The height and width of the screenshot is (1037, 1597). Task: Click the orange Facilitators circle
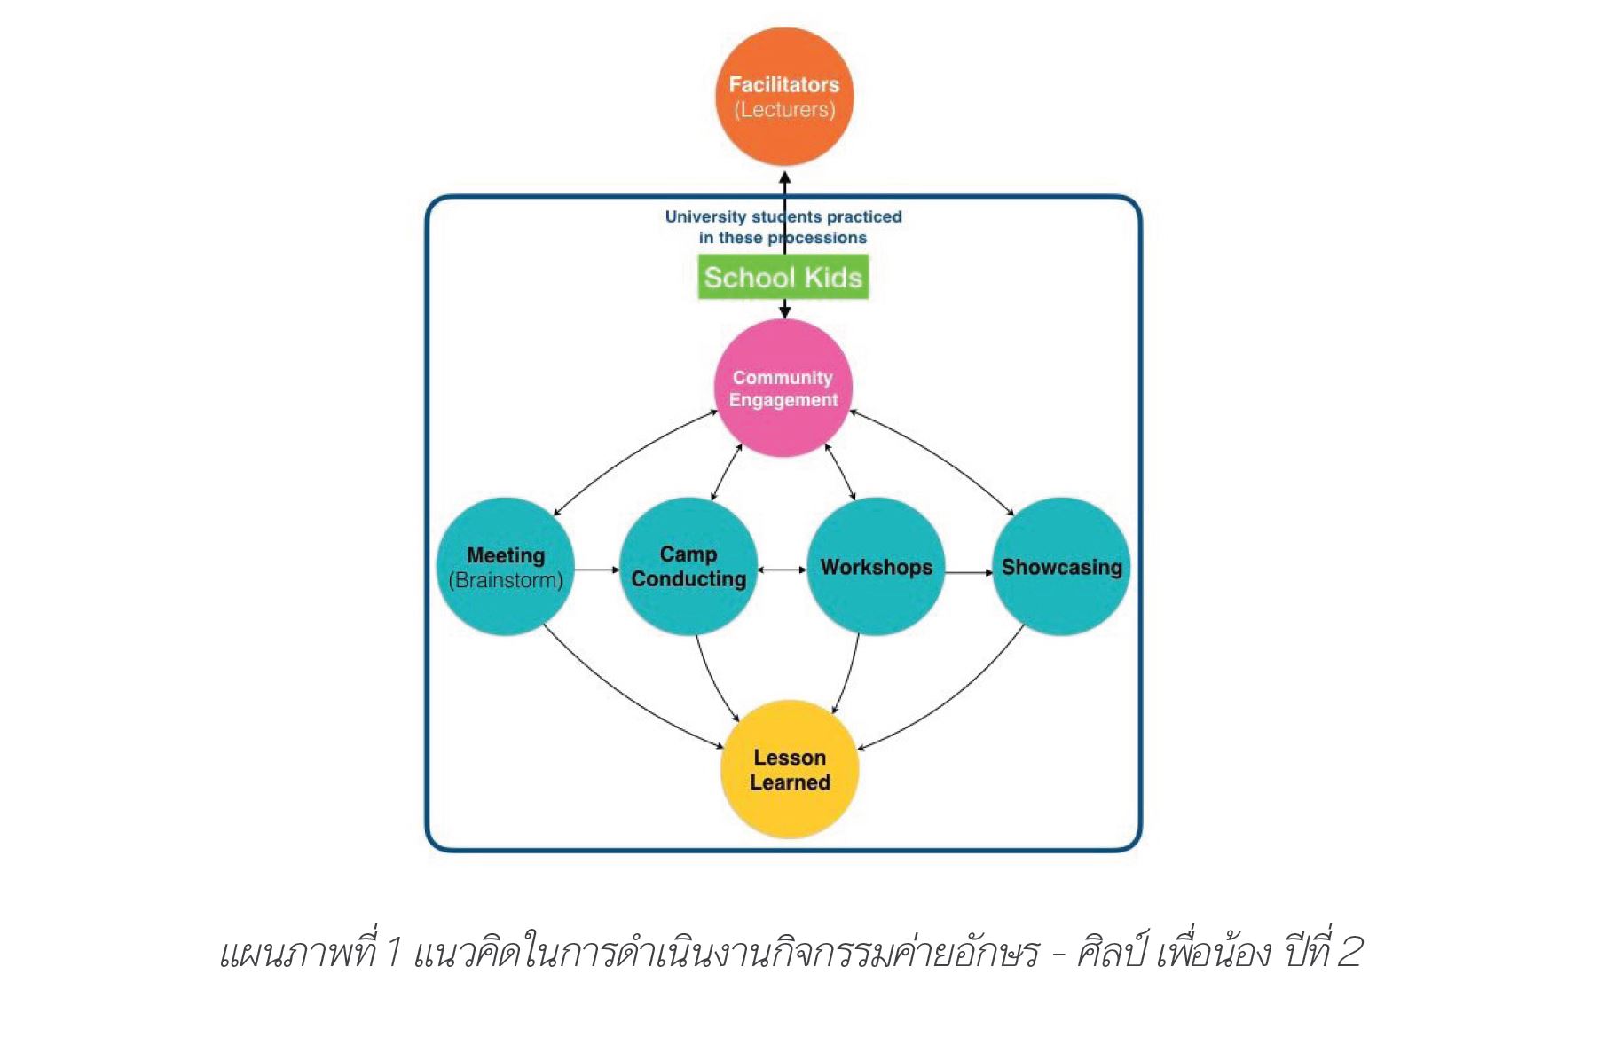pyautogui.click(x=784, y=97)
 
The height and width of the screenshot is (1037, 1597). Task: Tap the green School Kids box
pyautogui.click(x=783, y=277)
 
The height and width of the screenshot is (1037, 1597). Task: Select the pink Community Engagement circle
pyautogui.click(x=783, y=389)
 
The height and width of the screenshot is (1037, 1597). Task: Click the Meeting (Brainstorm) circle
pyautogui.click(x=506, y=567)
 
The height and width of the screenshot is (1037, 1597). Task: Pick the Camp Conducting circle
pyautogui.click(x=688, y=567)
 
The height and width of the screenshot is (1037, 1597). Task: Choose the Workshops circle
pyautogui.click(x=877, y=567)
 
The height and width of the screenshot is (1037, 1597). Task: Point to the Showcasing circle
pyautogui.click(x=1061, y=567)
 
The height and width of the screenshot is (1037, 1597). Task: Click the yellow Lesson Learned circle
pyautogui.click(x=790, y=770)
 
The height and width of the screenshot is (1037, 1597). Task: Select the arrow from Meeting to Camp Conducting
pyautogui.click(x=597, y=570)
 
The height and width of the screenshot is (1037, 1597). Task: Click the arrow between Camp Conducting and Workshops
pyautogui.click(x=783, y=570)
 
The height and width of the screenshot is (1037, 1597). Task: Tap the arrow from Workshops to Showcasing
pyautogui.click(x=969, y=572)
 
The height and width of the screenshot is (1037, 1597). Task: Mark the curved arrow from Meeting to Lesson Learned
pyautogui.click(x=621, y=701)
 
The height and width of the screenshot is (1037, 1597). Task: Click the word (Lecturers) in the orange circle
pyautogui.click(x=784, y=110)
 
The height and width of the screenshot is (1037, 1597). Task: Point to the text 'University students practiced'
pyautogui.click(x=783, y=216)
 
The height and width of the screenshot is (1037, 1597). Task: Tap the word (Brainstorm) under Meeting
pyautogui.click(x=506, y=580)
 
